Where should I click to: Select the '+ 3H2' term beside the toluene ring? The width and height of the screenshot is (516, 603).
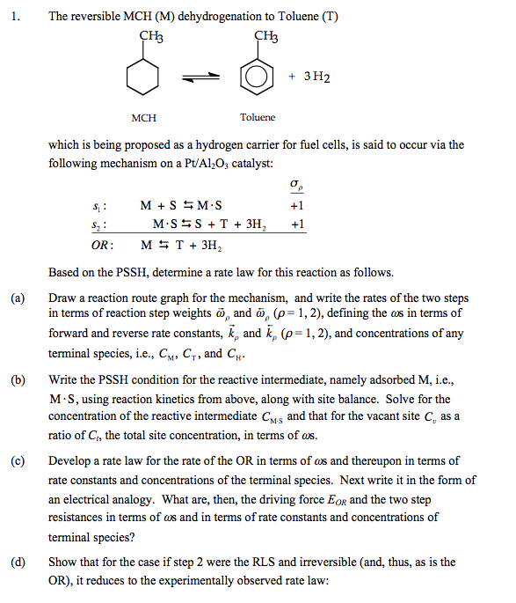tap(310, 77)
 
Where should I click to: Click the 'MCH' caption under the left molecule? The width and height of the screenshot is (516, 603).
tap(143, 116)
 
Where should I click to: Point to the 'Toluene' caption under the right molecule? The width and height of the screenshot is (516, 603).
tap(257, 116)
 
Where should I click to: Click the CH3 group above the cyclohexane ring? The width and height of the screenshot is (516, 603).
tap(152, 36)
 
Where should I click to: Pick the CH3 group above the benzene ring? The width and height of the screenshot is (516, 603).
tap(265, 36)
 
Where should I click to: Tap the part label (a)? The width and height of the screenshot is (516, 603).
tap(17, 298)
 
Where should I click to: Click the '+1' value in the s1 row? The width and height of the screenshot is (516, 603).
tap(296, 205)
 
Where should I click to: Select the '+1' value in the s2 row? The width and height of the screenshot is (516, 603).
tap(296, 224)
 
